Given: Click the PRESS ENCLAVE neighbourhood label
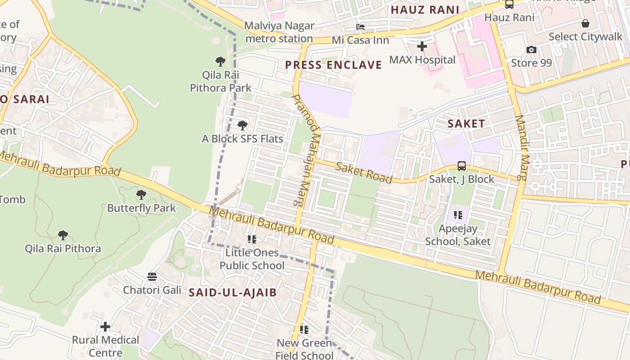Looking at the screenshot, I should (x=333, y=65).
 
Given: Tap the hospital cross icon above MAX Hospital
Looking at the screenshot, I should (x=422, y=46).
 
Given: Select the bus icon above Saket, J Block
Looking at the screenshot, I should (x=462, y=166).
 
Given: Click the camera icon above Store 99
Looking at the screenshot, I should (x=531, y=49).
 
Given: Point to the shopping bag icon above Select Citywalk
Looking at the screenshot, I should (x=585, y=23).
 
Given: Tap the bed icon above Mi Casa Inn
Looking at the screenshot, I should (x=360, y=27).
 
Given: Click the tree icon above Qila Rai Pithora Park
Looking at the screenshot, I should (x=220, y=62).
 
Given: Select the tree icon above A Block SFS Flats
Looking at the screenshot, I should (x=243, y=125).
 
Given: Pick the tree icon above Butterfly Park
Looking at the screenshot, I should (x=141, y=194).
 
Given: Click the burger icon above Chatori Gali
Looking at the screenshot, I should (x=152, y=276).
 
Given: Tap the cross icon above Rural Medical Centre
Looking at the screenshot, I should (x=105, y=326).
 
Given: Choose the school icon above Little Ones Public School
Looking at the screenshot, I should (x=252, y=239).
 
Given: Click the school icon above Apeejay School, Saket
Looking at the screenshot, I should (x=458, y=215).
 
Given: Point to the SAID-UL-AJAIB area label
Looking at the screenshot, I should (x=233, y=292).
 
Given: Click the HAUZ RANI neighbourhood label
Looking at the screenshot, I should (x=425, y=10).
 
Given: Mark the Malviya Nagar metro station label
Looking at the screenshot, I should (x=279, y=32).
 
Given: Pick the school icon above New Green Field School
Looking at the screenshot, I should (x=304, y=330).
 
